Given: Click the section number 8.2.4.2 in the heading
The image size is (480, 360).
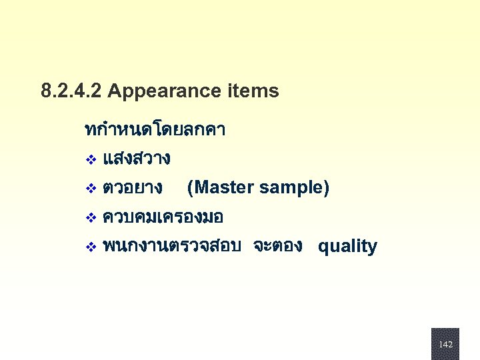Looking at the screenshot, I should [71, 91].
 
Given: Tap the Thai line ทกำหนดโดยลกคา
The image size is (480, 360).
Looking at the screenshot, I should [155, 129].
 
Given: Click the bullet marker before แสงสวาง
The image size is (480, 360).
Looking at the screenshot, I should [91, 160].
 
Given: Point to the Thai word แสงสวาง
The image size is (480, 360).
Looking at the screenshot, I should [137, 159].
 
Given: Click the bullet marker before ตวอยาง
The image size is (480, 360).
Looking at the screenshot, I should [91, 189].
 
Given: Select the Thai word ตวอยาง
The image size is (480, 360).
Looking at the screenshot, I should [133, 188].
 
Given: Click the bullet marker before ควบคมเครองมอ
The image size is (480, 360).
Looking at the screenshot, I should [91, 218].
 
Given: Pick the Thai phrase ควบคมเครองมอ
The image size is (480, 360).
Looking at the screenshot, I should [163, 217].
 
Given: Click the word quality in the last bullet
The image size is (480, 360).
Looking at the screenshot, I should [347, 247].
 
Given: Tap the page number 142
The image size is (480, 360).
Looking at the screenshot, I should [445, 345].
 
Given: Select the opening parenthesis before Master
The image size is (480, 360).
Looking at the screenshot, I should [191, 188].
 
